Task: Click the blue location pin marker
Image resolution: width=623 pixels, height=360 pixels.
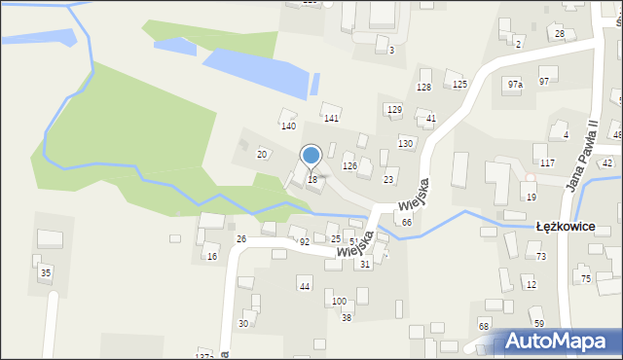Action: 311,156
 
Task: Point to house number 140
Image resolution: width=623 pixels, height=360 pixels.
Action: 288,126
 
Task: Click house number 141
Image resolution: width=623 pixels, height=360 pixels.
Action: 331,119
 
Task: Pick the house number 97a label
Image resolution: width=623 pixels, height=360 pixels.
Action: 515,85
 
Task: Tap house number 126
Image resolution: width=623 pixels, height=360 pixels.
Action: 349,166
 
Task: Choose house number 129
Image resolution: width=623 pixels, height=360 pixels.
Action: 394,110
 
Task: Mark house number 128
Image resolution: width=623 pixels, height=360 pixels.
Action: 423,88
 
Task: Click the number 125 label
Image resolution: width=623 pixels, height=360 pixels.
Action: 459,85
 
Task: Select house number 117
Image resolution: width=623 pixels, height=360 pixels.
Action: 547,162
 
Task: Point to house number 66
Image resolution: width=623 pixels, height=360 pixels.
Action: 407,223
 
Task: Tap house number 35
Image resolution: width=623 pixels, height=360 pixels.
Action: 45,273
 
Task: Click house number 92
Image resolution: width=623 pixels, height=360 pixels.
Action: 304,241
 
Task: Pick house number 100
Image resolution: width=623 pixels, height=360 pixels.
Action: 339,302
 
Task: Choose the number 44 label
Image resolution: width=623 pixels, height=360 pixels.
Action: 305,286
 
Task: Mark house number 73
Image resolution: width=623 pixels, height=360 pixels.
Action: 541,256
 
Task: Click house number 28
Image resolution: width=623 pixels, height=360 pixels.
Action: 560,34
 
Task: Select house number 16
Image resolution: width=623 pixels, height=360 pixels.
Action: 212,257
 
